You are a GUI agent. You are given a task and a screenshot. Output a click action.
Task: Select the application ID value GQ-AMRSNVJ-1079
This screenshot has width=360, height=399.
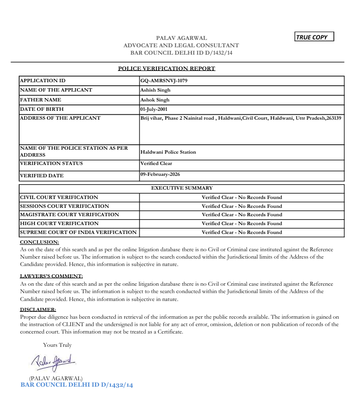[164, 81]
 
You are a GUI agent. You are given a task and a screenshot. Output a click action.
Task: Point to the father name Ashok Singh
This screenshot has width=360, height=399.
[155, 100]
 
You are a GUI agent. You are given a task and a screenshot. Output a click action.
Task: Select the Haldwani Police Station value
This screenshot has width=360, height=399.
[168, 152]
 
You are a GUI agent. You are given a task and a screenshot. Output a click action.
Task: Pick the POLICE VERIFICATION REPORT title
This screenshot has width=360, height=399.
[167, 68]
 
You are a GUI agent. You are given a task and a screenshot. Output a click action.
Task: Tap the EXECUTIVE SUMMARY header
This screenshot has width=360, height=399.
[181, 188]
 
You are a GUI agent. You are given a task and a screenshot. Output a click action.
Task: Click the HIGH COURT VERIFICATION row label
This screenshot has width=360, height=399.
[55, 224]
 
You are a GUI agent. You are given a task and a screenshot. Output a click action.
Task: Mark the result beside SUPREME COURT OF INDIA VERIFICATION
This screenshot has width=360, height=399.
[242, 233]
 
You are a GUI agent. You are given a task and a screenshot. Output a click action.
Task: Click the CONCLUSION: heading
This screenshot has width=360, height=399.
[39, 242]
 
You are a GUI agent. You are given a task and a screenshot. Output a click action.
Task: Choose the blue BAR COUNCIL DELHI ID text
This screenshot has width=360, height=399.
[77, 384]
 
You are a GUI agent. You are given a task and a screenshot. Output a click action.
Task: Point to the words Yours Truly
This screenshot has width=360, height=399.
[57, 345]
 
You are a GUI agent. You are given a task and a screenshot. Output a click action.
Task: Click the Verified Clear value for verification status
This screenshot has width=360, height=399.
[156, 164]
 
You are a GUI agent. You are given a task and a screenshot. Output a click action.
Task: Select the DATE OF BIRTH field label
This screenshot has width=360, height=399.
[42, 109]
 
